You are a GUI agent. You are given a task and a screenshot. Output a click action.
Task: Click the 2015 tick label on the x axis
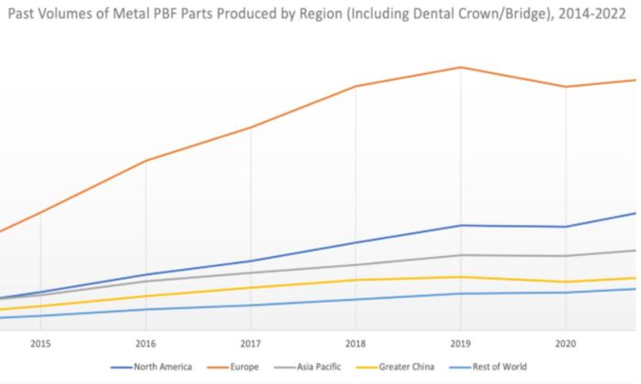pos(40,344)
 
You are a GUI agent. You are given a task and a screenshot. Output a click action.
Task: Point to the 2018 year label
pos(355,344)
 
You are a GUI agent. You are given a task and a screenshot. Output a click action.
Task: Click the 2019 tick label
pos(461,344)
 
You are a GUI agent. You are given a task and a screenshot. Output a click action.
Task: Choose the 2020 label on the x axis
pos(565,344)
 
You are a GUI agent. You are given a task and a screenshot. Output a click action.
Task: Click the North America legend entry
pos(163,367)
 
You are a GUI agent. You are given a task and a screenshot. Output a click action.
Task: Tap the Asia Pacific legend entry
pos(322,367)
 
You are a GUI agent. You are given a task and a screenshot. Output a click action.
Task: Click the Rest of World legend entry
pos(500,367)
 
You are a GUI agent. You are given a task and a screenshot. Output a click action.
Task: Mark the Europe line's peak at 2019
pos(461,68)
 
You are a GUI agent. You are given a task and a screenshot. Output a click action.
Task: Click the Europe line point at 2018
pos(355,87)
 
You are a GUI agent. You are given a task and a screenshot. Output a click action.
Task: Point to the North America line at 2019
pos(461,225)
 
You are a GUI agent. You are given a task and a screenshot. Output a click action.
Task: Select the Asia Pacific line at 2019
pos(461,255)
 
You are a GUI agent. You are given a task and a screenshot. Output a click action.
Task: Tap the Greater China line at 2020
pos(565,282)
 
